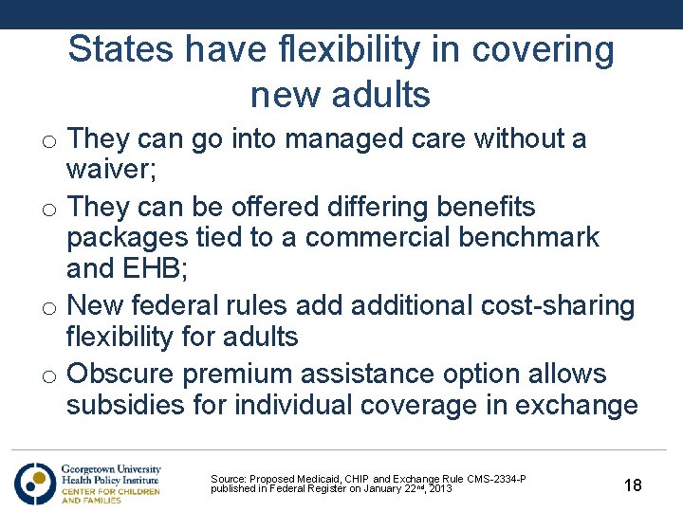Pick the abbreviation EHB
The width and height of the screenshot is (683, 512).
[156, 268]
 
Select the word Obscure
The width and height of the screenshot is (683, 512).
[121, 374]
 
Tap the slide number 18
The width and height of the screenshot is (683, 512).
[633, 485]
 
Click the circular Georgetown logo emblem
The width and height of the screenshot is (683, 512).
[35, 483]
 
